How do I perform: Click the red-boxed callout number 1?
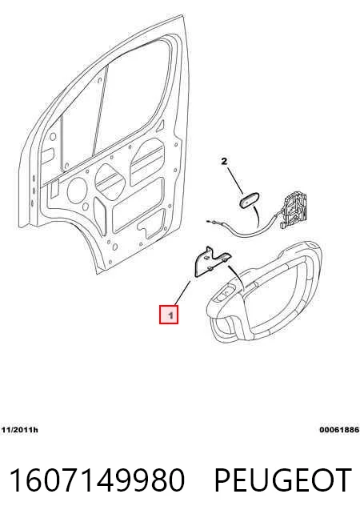pyautogui.click(x=169, y=315)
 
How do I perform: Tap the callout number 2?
pyautogui.click(x=224, y=162)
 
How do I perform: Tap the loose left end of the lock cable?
pyautogui.click(x=208, y=221)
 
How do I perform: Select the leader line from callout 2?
pyautogui.click(x=235, y=181)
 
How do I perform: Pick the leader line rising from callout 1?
pyautogui.click(x=182, y=293)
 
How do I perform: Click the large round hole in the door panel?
pyautogui.click(x=77, y=190)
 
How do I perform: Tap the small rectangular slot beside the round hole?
pyautogui.click(x=54, y=187)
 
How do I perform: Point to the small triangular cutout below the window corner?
pyautogui.click(x=161, y=125)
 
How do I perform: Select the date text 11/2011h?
pyautogui.click(x=19, y=430)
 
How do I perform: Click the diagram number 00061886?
pyautogui.click(x=339, y=430)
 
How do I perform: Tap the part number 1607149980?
pyautogui.click(x=97, y=480)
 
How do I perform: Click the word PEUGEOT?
pyautogui.click(x=283, y=480)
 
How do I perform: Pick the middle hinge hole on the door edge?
pyautogui.click(x=34, y=191)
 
